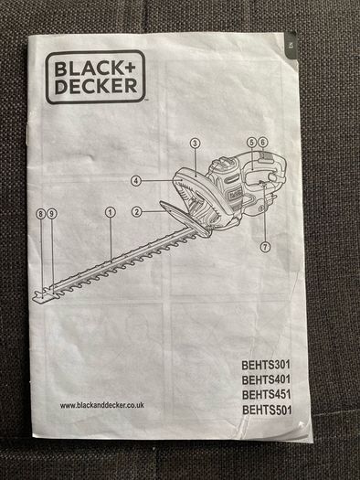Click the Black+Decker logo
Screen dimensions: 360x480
coord(95,77)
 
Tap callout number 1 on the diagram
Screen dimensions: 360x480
coord(111,212)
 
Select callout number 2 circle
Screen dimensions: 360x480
coord(137,211)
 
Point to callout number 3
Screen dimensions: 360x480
coord(195,143)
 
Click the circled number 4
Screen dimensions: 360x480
coord(136,181)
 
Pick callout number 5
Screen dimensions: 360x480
coord(251,142)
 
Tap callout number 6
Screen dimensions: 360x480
coord(263,142)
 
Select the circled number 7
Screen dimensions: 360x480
coord(265,247)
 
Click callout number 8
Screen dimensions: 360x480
coord(41,214)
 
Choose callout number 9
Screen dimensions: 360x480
coord(52,214)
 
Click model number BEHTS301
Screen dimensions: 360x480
coord(266,365)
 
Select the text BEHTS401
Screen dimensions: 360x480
coord(266,380)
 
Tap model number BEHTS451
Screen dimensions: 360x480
coord(266,395)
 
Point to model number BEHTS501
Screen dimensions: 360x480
coord(267,410)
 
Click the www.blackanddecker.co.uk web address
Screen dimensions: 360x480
coord(101,405)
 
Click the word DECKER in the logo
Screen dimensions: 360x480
coord(96,86)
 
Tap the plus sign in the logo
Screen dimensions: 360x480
coord(129,68)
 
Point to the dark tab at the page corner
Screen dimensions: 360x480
coord(291,46)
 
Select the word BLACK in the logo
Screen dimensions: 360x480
coord(88,69)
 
